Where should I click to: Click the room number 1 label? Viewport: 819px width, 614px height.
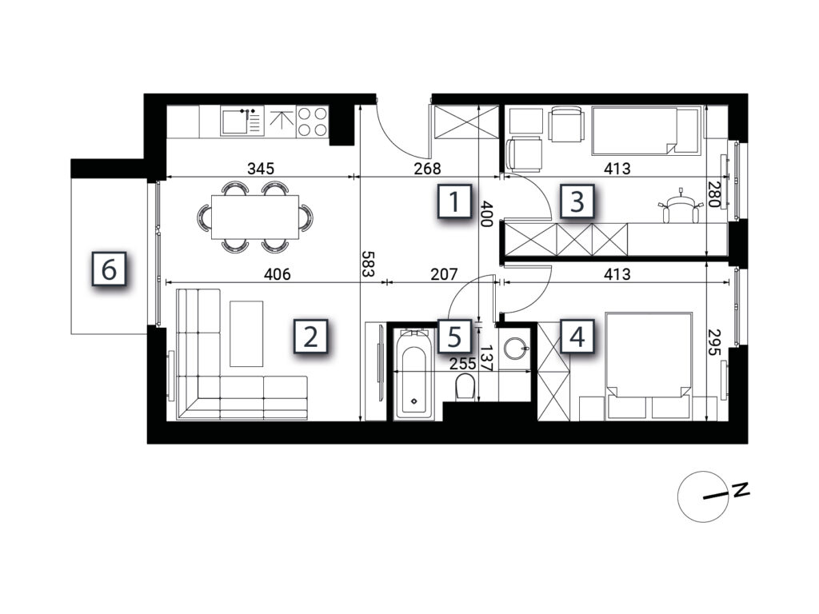tap(454, 201)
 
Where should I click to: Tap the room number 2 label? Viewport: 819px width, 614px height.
tap(311, 337)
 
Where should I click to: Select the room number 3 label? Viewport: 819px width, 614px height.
tap(577, 201)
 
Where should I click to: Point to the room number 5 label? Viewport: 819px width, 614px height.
tap(454, 337)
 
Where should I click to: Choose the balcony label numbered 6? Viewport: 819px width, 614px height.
tap(109, 269)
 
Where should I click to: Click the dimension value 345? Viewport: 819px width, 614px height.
tap(261, 169)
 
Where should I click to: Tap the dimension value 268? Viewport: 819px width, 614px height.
tap(427, 169)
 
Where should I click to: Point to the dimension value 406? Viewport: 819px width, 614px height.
tap(277, 273)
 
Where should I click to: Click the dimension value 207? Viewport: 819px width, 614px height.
tap(444, 273)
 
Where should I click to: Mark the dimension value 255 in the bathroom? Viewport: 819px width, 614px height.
tap(462, 364)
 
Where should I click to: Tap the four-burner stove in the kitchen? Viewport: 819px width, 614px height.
tap(313, 122)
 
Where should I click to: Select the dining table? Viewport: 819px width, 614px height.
tap(255, 217)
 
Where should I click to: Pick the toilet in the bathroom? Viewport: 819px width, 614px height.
tap(464, 388)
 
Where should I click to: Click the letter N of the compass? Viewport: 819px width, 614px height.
tap(741, 490)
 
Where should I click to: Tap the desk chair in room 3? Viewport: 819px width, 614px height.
tap(680, 207)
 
